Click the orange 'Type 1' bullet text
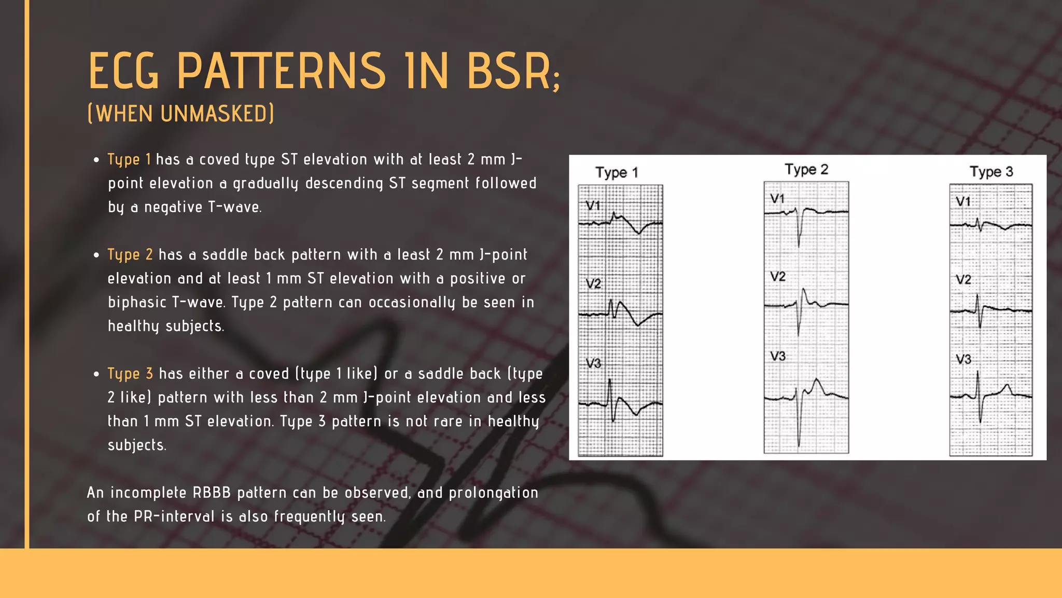129,159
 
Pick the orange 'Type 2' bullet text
130,254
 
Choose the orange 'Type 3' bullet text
130,374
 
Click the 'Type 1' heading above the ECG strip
617,172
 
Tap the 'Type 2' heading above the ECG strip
806,169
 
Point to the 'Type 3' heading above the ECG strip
991,171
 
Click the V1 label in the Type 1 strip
593,206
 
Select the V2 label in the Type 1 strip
593,284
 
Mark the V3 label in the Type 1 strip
593,363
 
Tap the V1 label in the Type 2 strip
777,199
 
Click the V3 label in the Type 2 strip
778,356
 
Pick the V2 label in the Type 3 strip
963,280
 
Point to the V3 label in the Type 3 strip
963,359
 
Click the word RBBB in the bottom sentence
212,493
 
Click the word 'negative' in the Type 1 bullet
173,208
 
